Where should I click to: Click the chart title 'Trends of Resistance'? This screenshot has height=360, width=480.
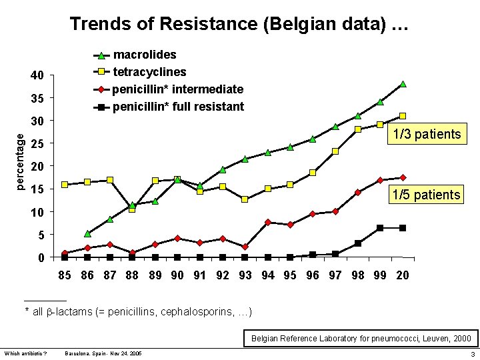coord(239,25)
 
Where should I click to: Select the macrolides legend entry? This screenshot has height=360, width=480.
coord(145,55)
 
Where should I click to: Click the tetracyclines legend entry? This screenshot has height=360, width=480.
coord(149,71)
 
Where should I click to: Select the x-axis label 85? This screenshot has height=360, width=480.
coord(65,275)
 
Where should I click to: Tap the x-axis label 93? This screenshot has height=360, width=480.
coord(245,275)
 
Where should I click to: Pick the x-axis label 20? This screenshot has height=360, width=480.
coord(403,275)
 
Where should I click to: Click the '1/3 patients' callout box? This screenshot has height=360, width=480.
coord(427,135)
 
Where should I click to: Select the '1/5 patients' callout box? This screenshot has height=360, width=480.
coord(427,195)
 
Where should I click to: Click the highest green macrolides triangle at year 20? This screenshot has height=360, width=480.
coord(403,84)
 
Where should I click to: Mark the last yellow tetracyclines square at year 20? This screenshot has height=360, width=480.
coord(403,116)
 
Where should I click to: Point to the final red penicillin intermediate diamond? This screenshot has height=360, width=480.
coord(403,178)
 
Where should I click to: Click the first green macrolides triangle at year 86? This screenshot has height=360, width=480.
coord(87,234)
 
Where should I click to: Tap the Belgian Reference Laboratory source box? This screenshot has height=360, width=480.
coord(361,339)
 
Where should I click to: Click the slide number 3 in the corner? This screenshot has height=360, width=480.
coord(472,353)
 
